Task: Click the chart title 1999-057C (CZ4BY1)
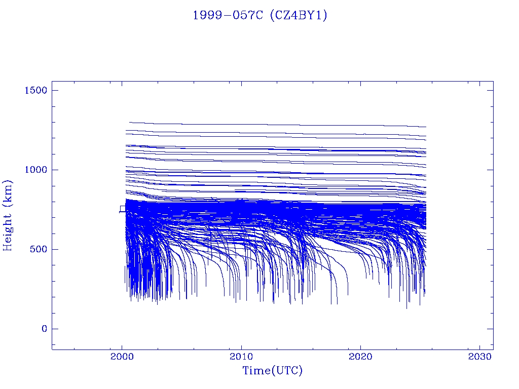[260, 16]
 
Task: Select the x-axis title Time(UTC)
[272, 371]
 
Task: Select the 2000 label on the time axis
[122, 356]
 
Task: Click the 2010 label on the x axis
[241, 356]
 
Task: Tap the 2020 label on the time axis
[360, 356]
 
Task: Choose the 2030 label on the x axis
[479, 356]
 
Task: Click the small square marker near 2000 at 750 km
[122, 209]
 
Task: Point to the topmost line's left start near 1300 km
[130, 122]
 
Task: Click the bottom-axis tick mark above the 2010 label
[241, 346]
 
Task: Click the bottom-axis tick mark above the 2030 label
[479, 346]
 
